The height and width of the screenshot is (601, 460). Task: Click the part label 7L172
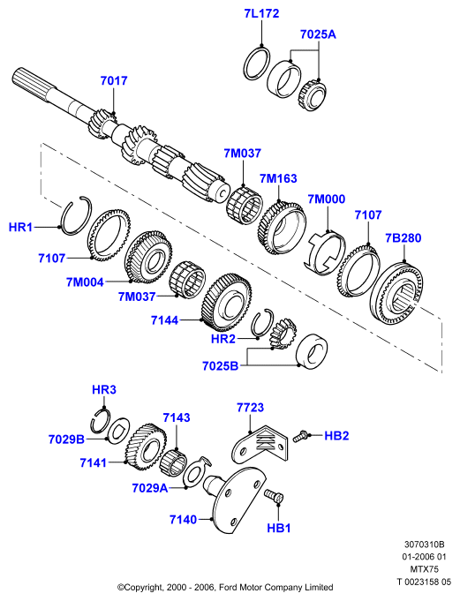tap(262, 13)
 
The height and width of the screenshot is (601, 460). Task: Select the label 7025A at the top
tap(318, 34)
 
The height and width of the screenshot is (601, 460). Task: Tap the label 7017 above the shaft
tap(114, 81)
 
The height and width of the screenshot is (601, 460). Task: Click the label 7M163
tap(278, 178)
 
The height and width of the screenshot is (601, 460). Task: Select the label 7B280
tap(403, 238)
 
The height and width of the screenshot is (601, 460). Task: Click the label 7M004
tap(85, 282)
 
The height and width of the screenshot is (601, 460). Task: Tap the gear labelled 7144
tap(226, 302)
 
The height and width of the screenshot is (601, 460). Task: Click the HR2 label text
tap(223, 339)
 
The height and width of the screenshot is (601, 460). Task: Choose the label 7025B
tap(221, 366)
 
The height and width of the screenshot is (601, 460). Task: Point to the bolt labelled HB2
tap(300, 436)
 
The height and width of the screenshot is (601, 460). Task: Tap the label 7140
tap(183, 520)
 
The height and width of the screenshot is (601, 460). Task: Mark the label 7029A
tap(150, 488)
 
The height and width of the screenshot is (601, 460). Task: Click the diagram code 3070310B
tap(424, 545)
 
